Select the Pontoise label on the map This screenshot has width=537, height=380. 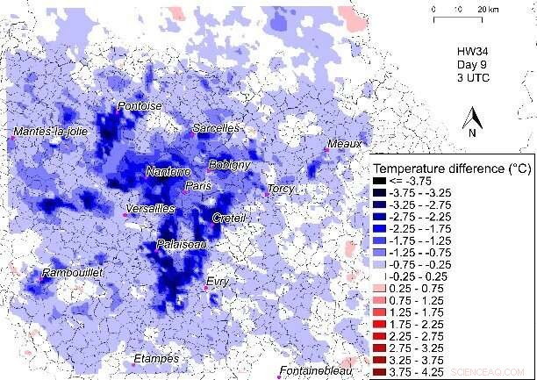click(x=140, y=106)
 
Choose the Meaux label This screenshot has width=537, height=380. click(x=343, y=143)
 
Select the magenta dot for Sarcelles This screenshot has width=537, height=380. click(x=194, y=134)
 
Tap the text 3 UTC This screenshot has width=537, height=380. click(x=475, y=79)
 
